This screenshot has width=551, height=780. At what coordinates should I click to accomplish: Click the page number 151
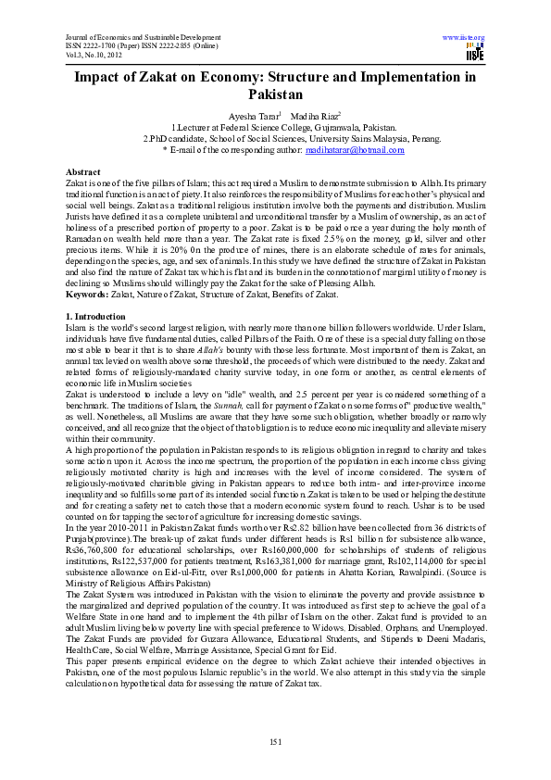pyautogui.click(x=275, y=741)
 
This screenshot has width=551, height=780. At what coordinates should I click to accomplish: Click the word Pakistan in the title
pyautogui.click(x=275, y=94)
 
